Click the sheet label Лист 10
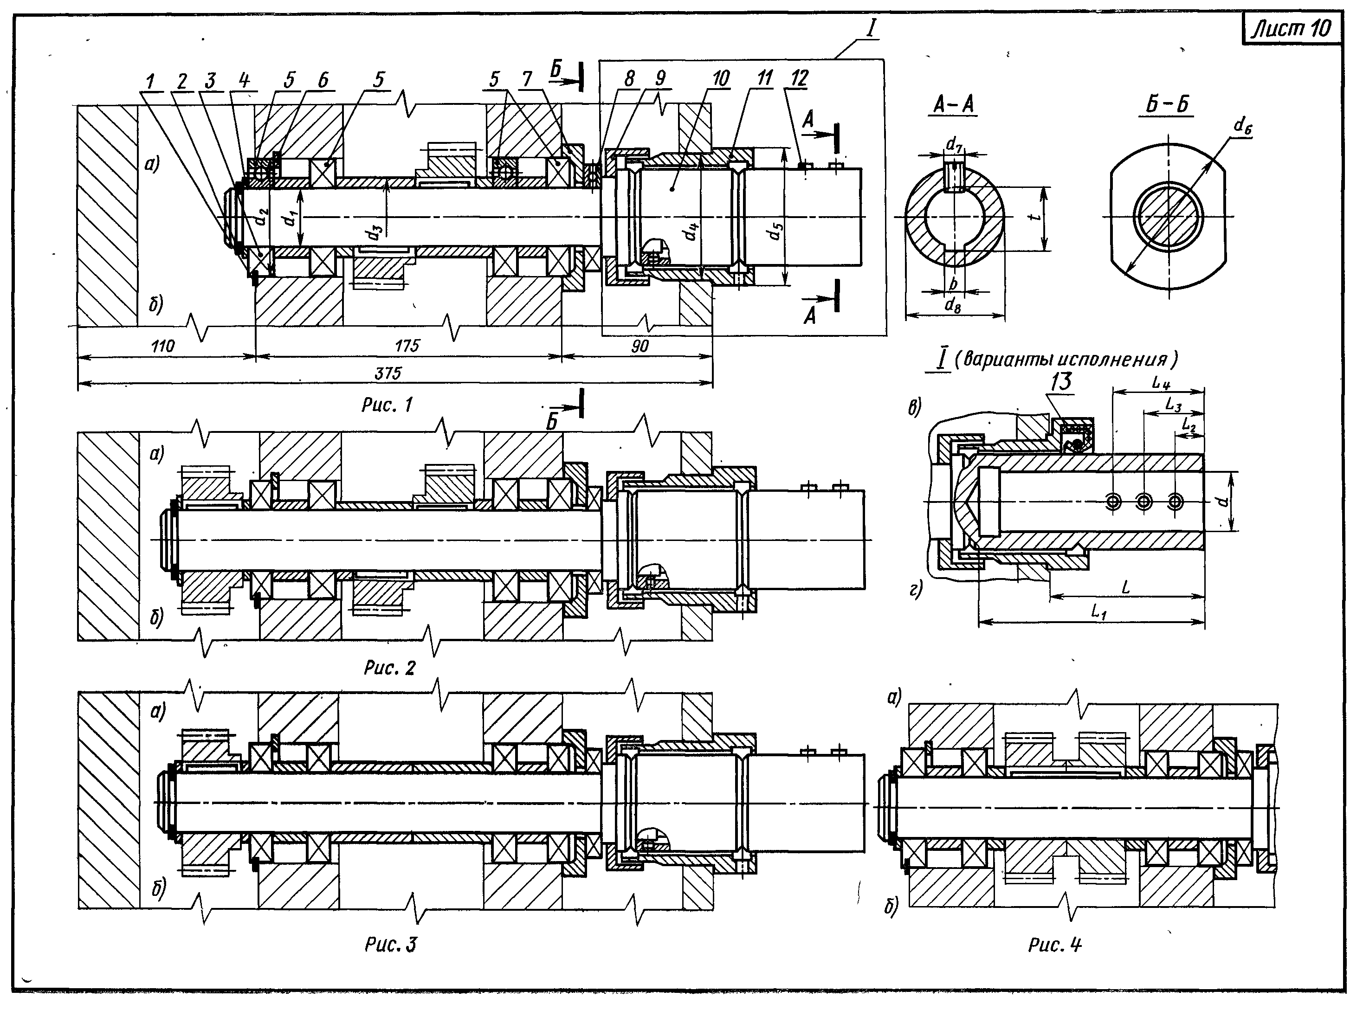tap(1292, 29)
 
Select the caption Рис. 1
tap(387, 404)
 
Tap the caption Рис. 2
tap(389, 668)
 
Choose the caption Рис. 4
tap(1054, 945)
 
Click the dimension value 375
tap(388, 373)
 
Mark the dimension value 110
tap(162, 346)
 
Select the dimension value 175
tap(407, 346)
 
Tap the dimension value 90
tap(640, 346)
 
